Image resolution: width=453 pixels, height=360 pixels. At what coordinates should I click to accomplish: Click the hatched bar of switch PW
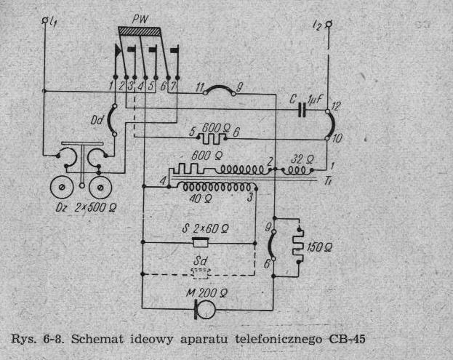151,33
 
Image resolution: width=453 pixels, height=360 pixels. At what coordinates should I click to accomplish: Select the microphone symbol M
200,308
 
